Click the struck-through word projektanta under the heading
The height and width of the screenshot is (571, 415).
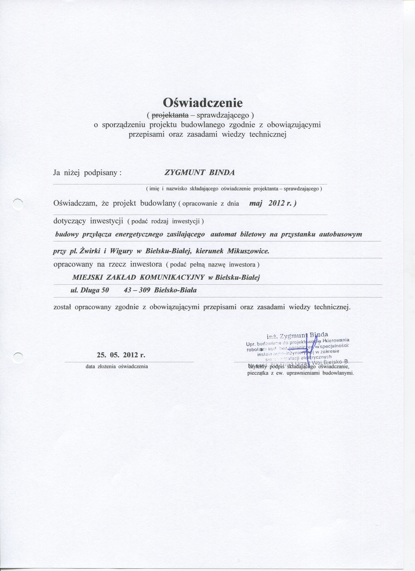[170, 115]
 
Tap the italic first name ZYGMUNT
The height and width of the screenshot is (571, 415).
[185, 173]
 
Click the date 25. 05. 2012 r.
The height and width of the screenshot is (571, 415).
[121, 355]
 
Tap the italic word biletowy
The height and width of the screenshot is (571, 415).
[253, 235]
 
